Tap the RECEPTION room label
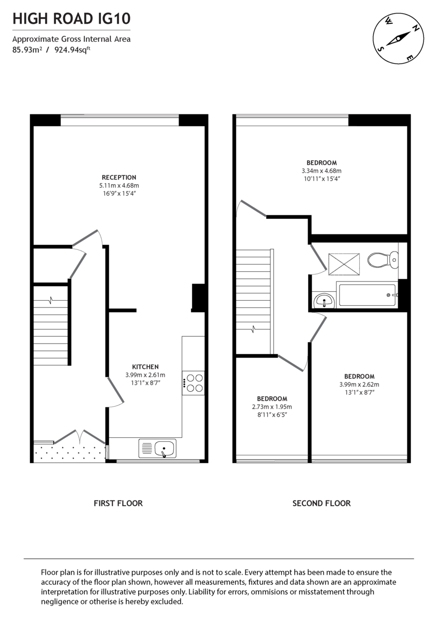point(119,178)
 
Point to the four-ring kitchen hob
point(194,383)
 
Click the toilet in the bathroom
point(384,259)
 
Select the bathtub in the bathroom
point(366,295)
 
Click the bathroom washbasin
point(324,299)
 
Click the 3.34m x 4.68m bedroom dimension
point(321,171)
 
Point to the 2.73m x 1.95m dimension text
point(272,407)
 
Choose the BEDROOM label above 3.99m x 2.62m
point(359,376)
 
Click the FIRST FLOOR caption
point(118,503)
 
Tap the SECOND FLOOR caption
point(321,503)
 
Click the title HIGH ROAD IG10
point(71,20)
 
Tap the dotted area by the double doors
point(69,451)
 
